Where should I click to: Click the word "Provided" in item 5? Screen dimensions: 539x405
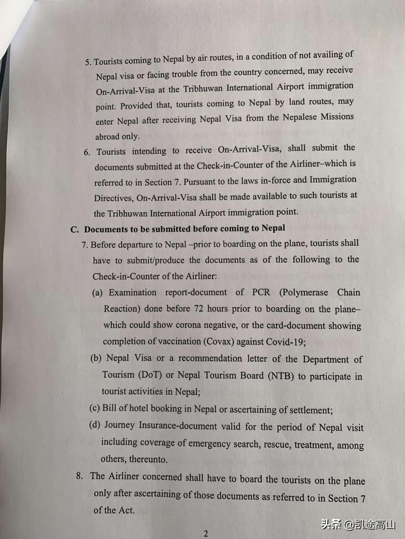click(136, 106)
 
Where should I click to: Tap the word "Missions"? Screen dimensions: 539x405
click(336, 117)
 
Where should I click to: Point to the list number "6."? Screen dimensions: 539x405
click(87, 152)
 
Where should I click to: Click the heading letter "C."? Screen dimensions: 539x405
click(75, 229)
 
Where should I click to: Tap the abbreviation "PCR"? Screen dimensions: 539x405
click(261, 292)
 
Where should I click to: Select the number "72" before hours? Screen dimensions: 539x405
click(198, 309)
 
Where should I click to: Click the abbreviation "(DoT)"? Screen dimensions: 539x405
click(150, 375)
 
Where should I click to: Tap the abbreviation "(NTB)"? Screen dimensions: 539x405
click(281, 376)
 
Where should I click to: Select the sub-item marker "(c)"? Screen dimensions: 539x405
click(94, 408)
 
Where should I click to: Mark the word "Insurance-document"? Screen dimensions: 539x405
click(178, 426)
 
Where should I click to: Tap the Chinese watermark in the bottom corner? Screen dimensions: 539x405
click(358, 524)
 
